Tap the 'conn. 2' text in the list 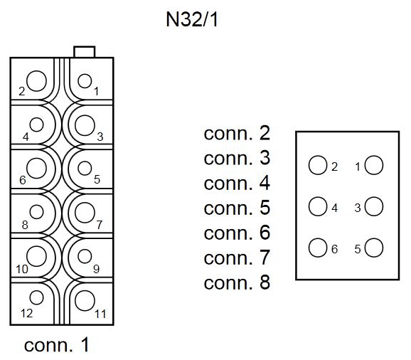tap(237, 134)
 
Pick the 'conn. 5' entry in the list tap(237, 208)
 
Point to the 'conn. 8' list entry tap(237, 283)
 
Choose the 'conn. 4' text tap(237, 184)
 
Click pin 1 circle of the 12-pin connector tap(85, 81)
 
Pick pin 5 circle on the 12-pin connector tap(85, 169)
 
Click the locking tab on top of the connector tap(85, 51)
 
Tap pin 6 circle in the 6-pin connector tap(317, 249)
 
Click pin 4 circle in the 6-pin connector tap(317, 208)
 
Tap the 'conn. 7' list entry tap(237, 258)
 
